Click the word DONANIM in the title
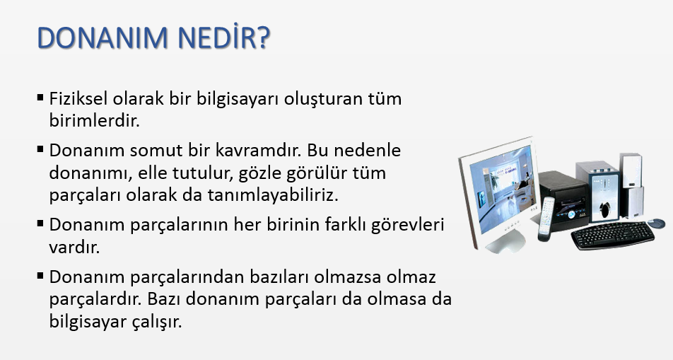tap(102, 37)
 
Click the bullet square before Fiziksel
tap(40, 98)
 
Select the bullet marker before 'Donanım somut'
tap(40, 149)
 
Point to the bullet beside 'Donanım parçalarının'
tap(40, 223)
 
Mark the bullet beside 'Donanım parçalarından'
tap(40, 276)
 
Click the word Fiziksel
tap(78, 98)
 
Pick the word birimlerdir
tap(95, 121)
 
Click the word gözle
tap(259, 173)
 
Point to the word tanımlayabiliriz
tap(274, 195)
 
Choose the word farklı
tap(345, 225)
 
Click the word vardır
tap(74, 248)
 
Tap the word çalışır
tap(158, 322)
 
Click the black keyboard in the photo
tap(613, 235)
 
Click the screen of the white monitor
tap(501, 189)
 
